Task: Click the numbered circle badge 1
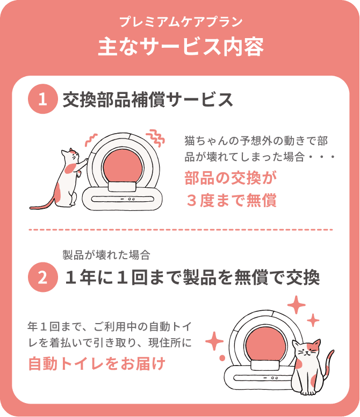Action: [x=42, y=99]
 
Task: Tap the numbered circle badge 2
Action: [x=42, y=277]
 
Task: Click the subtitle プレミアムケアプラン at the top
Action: [x=181, y=22]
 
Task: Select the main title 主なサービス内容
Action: [x=181, y=47]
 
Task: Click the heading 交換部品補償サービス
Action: [x=148, y=100]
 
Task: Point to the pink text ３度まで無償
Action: [x=231, y=200]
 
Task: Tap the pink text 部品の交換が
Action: [x=231, y=178]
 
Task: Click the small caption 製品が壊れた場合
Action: [x=106, y=255]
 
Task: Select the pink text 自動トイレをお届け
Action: [x=97, y=363]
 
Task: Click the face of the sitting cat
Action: [x=306, y=350]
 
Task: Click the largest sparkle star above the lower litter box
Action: [x=296, y=305]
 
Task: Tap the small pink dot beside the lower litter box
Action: [x=222, y=358]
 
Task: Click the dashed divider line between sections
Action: [x=181, y=230]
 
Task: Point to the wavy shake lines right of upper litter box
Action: [x=156, y=138]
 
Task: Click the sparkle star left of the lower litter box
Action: [x=214, y=341]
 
